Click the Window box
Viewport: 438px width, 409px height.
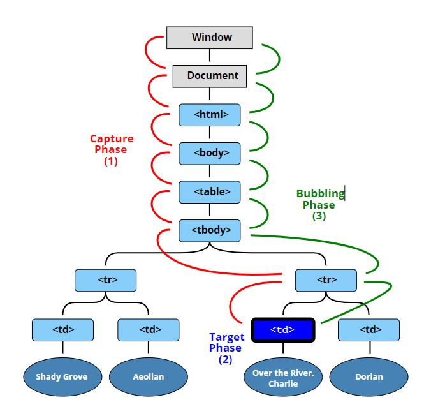(x=210, y=38)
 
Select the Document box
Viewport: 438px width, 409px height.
(x=210, y=77)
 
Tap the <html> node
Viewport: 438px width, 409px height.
(x=210, y=115)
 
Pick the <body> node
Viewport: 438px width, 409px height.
(x=210, y=154)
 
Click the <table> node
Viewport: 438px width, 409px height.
(x=210, y=192)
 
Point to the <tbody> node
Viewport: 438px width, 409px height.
(x=210, y=230)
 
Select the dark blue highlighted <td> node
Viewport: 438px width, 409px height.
(x=283, y=330)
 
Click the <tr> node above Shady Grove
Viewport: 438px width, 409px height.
(x=106, y=280)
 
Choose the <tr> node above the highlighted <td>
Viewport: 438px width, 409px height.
(x=326, y=280)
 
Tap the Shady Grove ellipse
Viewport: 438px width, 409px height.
(x=62, y=377)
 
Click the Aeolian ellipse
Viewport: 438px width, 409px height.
(x=149, y=377)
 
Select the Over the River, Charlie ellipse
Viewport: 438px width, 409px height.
(x=283, y=377)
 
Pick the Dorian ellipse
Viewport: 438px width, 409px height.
(x=369, y=377)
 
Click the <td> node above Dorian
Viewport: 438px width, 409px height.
(x=369, y=330)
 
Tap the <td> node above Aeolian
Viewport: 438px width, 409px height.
(x=149, y=330)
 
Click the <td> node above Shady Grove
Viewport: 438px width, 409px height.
(x=62, y=330)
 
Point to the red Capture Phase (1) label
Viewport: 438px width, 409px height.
(x=112, y=150)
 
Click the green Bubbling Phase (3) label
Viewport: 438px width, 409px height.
(x=321, y=205)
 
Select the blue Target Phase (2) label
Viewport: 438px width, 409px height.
(x=226, y=348)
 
